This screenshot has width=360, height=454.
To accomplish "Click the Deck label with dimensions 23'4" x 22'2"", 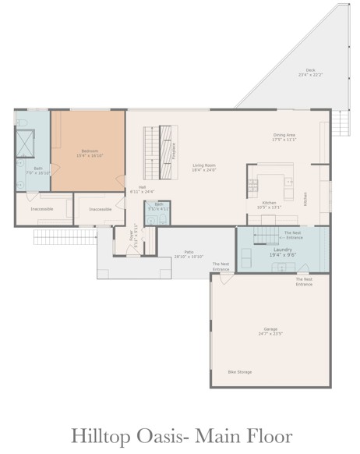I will [x=310, y=72].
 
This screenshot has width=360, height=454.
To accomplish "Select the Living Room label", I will [x=204, y=167].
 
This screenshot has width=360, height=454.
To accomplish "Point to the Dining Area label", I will [x=283, y=137].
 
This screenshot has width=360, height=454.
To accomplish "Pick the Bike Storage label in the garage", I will [x=239, y=372].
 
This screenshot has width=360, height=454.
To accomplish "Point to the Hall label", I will [x=142, y=188].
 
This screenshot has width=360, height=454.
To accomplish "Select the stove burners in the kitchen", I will [x=252, y=185].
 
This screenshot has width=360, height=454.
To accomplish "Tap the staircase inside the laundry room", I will [x=265, y=233].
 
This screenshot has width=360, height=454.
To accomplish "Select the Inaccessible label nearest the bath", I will [x=41, y=209].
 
